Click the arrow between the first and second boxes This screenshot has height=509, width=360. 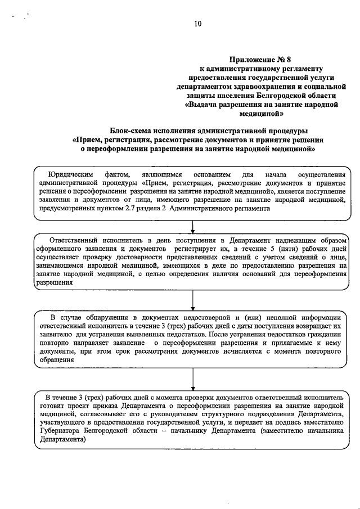coord(193,227)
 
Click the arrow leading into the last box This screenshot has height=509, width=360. coord(193,380)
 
